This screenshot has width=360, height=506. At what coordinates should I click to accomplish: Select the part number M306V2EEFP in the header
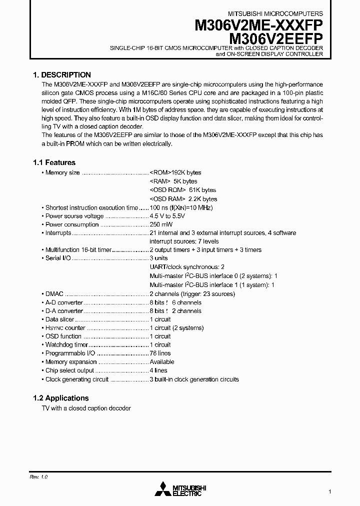(275, 38)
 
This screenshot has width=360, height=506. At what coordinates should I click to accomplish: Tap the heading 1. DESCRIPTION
(62, 74)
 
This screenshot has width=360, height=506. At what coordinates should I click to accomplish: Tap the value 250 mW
(160, 224)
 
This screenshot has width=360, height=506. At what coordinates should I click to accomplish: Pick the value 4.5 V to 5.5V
(167, 216)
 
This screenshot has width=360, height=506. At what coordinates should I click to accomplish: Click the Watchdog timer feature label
(66, 344)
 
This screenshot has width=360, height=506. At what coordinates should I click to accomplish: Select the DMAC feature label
(54, 294)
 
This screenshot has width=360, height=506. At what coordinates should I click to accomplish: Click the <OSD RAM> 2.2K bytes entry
(176, 198)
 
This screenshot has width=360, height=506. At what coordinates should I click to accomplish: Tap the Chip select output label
(69, 370)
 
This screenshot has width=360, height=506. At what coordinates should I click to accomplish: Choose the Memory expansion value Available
(162, 361)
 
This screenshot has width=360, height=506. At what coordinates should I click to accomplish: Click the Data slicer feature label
(59, 319)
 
